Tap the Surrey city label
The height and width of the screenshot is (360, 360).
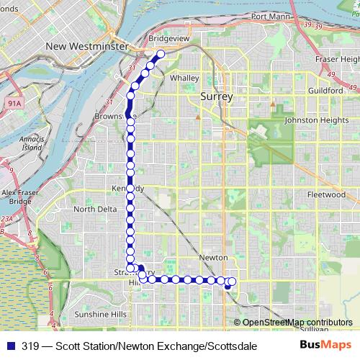click(216, 96)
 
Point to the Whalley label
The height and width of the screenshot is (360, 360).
click(184, 78)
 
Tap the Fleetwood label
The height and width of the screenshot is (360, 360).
click(326, 194)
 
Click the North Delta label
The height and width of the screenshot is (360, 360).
click(94, 210)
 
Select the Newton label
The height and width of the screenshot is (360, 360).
click(213, 258)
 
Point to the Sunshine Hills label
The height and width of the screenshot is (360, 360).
click(101, 315)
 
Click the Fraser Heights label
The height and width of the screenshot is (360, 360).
click(338, 58)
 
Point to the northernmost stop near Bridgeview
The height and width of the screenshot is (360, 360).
click(161, 53)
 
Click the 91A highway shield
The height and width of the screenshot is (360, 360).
click(14, 84)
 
